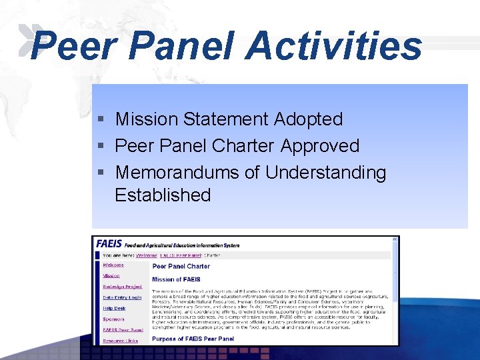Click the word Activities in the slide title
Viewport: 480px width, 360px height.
click(x=334, y=46)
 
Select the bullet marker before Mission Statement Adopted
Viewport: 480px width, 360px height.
click(x=101, y=120)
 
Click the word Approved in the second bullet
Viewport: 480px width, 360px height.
click(x=320, y=146)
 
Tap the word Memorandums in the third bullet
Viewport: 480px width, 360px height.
click(x=178, y=173)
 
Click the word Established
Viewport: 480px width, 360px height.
click(x=163, y=195)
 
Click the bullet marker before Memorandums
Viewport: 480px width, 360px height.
click(x=101, y=173)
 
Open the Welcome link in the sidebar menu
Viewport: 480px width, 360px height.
click(x=113, y=265)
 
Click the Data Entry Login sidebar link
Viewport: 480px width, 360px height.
click(x=122, y=297)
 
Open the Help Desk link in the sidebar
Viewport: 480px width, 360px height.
click(x=114, y=308)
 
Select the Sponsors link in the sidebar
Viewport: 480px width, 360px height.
click(x=113, y=319)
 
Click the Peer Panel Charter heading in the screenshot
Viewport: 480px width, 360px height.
click(x=181, y=266)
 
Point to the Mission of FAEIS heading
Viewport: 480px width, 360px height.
click(x=176, y=279)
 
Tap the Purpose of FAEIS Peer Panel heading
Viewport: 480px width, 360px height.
click(x=193, y=339)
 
